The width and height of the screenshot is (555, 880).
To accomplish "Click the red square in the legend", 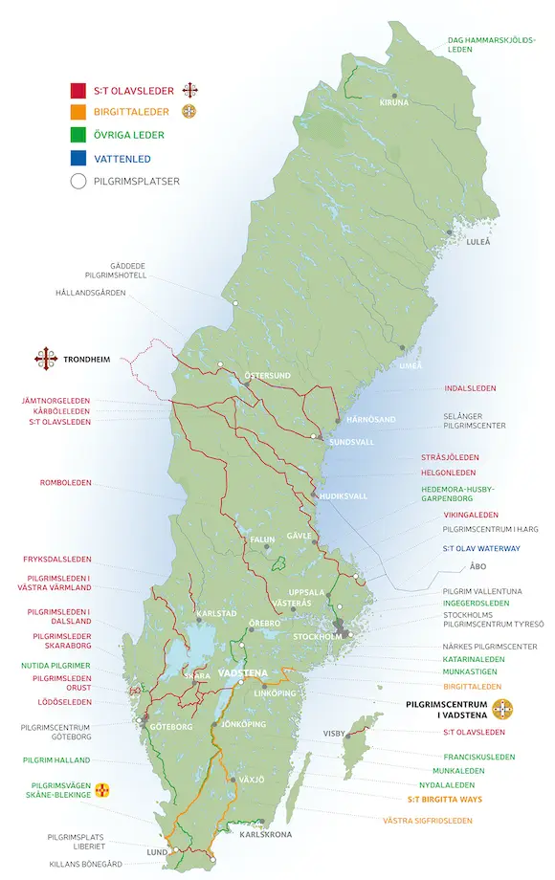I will tap(78, 92).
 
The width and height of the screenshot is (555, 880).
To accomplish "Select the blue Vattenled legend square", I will tap(78, 158).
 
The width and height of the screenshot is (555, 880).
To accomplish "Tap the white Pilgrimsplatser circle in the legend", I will tap(78, 180).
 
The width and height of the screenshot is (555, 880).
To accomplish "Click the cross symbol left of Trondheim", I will tap(46, 360).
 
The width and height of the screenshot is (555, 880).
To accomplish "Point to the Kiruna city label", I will tap(393, 102).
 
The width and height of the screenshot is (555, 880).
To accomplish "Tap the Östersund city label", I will tap(267, 376).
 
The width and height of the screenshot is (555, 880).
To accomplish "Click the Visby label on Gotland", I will tap(333, 734).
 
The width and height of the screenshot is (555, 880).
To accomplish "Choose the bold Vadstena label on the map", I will tap(243, 673).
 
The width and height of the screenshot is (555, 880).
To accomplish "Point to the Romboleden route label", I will tap(65, 482).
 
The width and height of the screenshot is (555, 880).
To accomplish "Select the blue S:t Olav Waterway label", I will tap(480, 548).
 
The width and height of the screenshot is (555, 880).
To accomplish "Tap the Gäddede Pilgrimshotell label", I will tap(115, 269).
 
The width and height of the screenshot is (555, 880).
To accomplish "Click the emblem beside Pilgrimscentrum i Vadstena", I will tap(502, 709).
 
